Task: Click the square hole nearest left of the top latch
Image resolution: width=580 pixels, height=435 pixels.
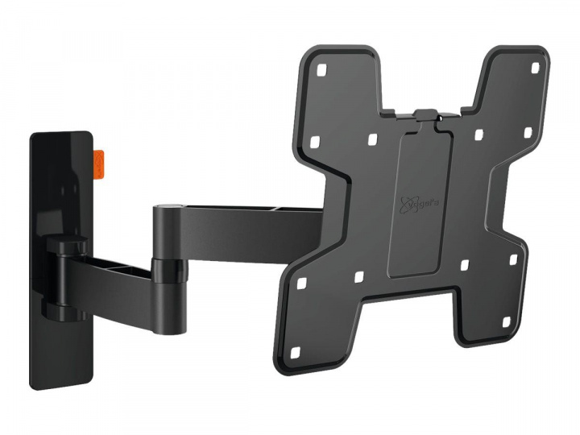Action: coord(372,138)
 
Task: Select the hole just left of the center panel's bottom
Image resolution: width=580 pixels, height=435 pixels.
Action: coord(359,279)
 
